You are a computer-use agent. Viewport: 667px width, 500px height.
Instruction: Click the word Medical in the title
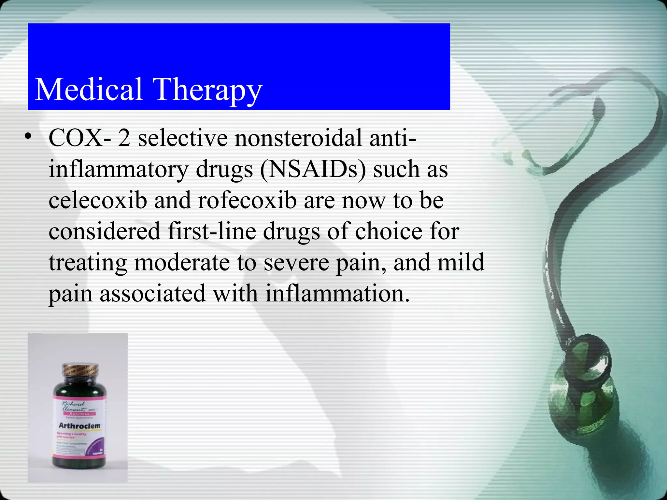88,89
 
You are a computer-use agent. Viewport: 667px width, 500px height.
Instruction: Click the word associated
152,293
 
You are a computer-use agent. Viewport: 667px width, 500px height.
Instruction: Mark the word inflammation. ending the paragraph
337,293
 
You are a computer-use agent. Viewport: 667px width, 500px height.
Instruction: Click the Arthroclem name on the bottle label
79,425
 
